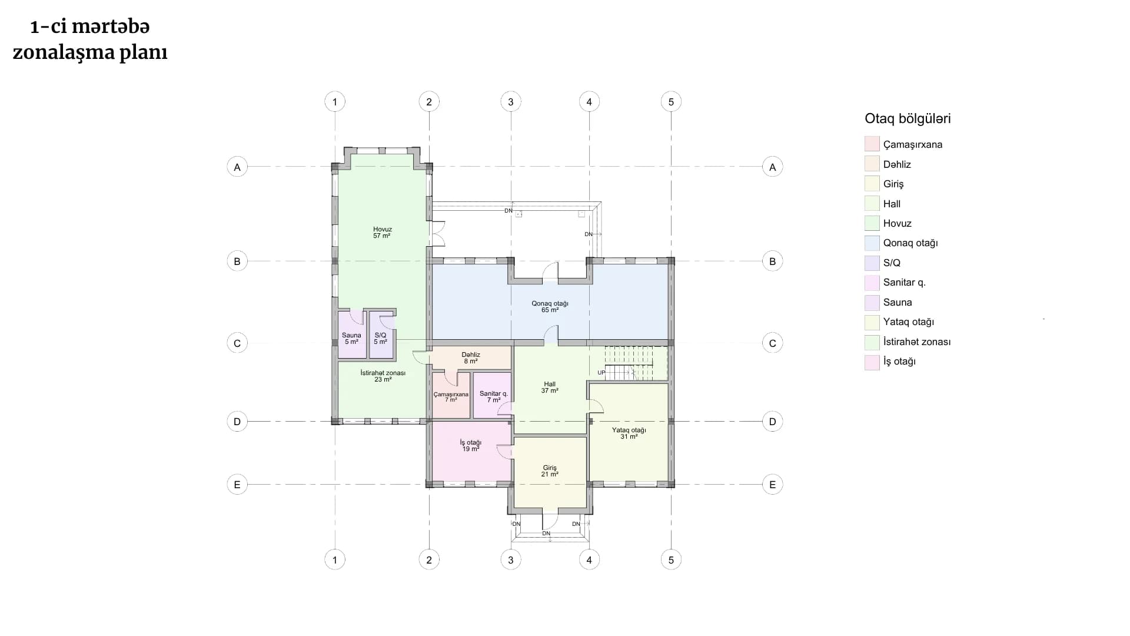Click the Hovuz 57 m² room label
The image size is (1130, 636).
click(382, 233)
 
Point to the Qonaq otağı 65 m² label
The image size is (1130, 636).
click(550, 307)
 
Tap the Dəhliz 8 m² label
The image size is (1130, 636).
click(471, 358)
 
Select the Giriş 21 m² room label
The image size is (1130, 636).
click(550, 471)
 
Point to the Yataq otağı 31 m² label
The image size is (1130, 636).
click(629, 433)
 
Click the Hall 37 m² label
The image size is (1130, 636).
click(550, 387)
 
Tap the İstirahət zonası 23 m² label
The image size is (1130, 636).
click(383, 376)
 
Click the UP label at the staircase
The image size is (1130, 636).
click(601, 373)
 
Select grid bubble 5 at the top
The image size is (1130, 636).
click(671, 102)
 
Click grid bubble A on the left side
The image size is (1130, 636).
click(237, 167)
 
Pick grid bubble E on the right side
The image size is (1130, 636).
click(772, 485)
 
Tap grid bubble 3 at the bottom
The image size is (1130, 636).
click(510, 560)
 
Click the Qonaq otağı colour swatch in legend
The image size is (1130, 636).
click(872, 243)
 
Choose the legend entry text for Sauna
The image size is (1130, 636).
click(898, 302)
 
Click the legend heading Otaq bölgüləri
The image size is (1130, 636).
click(908, 118)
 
